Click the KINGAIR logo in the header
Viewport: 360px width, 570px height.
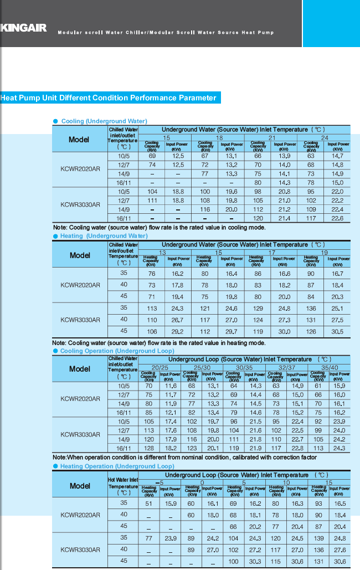[23, 28]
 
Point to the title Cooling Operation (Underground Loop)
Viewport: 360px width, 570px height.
[117, 351]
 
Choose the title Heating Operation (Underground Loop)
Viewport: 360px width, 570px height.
[117, 466]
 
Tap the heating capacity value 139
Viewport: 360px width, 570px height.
[318, 538]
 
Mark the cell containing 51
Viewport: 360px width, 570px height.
[148, 504]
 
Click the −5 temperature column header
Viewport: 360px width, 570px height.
[160, 482]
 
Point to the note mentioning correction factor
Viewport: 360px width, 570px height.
[184, 458]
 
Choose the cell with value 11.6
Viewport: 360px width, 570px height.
[171, 386]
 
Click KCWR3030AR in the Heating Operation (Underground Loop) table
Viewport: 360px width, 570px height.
[80, 550]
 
